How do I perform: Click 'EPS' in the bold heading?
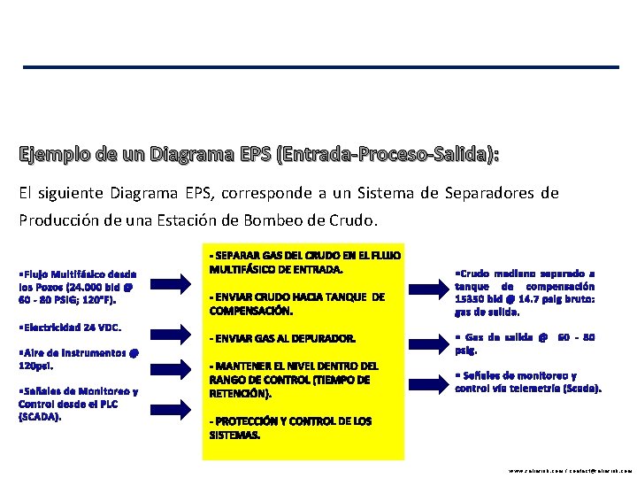257,156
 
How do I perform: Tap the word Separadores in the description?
492,192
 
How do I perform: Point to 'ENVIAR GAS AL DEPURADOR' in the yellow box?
282,338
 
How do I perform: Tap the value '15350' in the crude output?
470,299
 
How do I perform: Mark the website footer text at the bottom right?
572,471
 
